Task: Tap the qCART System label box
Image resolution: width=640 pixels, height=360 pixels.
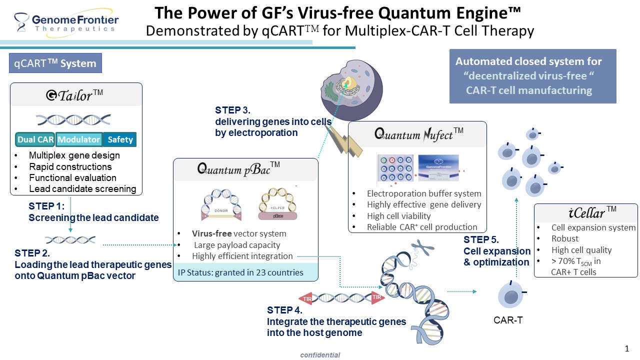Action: [x=55, y=63]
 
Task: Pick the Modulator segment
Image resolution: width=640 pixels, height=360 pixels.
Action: [x=79, y=139]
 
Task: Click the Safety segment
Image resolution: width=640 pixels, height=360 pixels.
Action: [x=120, y=139]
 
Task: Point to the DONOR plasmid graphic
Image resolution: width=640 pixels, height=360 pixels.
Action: [x=221, y=206]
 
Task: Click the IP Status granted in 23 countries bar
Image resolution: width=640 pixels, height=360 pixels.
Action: [x=245, y=272]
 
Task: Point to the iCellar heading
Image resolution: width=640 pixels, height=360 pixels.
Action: [x=585, y=213]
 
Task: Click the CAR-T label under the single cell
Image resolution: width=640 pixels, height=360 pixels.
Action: [x=508, y=320]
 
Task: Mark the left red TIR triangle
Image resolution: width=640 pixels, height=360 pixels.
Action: [x=306, y=299]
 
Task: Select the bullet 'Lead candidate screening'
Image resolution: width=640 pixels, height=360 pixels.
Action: [x=82, y=189]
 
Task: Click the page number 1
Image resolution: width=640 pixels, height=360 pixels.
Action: [x=627, y=348]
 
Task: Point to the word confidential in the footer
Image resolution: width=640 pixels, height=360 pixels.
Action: [x=320, y=355]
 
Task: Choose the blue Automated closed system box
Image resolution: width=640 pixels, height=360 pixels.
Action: [x=532, y=76]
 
